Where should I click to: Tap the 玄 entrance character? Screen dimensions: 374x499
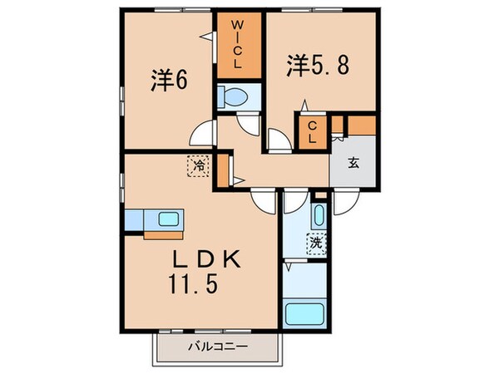pyautogui.click(x=353, y=163)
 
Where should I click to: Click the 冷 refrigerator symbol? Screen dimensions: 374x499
pyautogui.click(x=199, y=166)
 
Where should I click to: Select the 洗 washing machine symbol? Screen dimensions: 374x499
pyautogui.click(x=317, y=244)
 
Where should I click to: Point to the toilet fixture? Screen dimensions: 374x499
pyautogui.click(x=234, y=96)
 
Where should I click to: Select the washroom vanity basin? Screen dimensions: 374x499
pyautogui.click(x=319, y=215)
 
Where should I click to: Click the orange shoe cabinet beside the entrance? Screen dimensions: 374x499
pyautogui.click(x=361, y=125)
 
